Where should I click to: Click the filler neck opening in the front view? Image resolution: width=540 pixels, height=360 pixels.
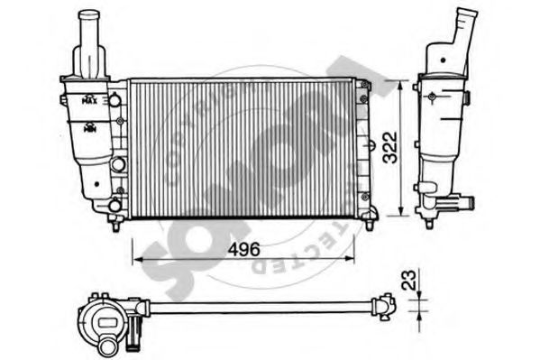coord(91,15)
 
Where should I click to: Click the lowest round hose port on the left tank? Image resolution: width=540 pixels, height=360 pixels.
coord(114,206)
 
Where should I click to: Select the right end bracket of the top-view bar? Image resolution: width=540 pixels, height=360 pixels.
coord(387,308)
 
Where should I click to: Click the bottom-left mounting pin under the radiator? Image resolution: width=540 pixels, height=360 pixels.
coord(114,224)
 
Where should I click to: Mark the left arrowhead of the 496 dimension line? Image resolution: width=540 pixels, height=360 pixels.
coord(136,257)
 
